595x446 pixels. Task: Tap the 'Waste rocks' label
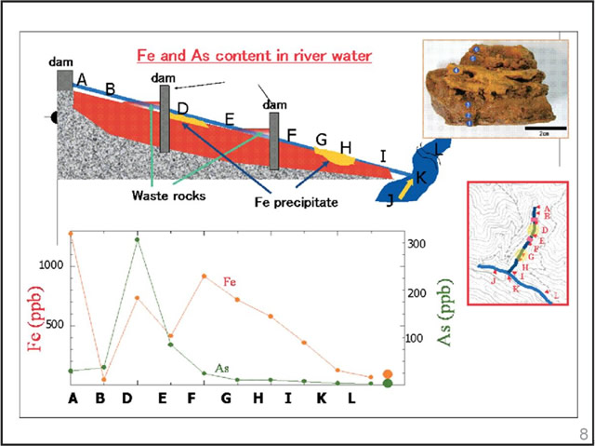tap(166, 196)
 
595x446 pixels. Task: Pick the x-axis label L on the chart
tap(352, 399)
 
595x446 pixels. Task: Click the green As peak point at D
tap(137, 240)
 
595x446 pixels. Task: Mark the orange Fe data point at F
tap(204, 276)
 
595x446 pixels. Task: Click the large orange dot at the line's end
tap(388, 374)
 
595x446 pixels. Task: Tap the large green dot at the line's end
tap(388, 383)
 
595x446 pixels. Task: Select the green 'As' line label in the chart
tap(222, 369)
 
